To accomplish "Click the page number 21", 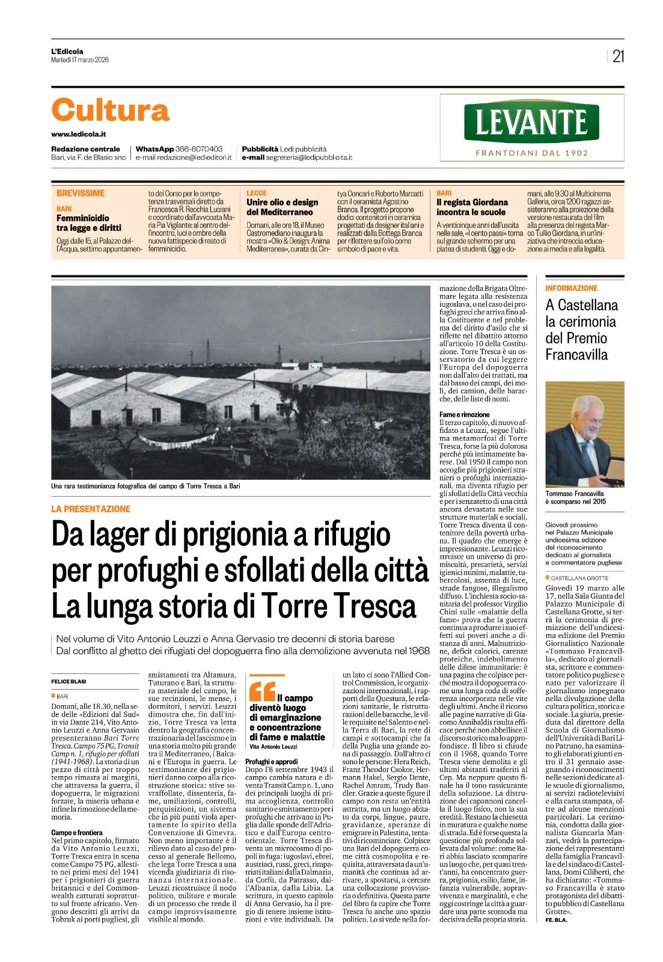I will point(618,56).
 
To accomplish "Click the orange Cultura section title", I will point(110,111).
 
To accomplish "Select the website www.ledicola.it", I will point(79,134).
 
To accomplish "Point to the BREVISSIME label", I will point(81,193).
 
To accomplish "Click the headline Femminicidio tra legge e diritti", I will point(89,223).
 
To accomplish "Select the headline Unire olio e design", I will point(282,207).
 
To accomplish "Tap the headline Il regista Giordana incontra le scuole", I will point(472,207).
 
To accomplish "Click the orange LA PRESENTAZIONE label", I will point(91,509).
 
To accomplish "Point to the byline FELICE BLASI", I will point(69,681).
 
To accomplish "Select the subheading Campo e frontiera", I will point(77,832).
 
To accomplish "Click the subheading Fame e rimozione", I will point(465,414).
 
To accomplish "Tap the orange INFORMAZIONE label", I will point(571,288).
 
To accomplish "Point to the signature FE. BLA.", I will point(557,920).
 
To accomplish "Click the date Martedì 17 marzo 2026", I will point(80,60).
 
